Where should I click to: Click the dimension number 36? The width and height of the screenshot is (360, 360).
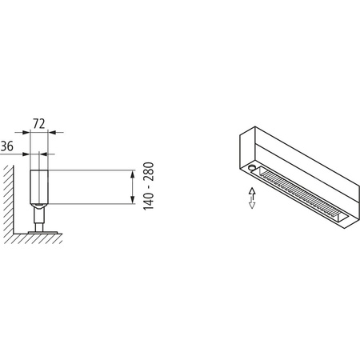pyautogui.click(x=7, y=146)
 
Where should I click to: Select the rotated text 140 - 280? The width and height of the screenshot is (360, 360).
pyautogui.click(x=149, y=186)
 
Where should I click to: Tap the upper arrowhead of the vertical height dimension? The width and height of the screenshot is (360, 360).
pyautogui.click(x=130, y=173)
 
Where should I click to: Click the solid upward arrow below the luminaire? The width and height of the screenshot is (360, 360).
pyautogui.click(x=252, y=191)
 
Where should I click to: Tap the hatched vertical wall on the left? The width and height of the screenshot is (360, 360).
pyautogui.click(x=8, y=200)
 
